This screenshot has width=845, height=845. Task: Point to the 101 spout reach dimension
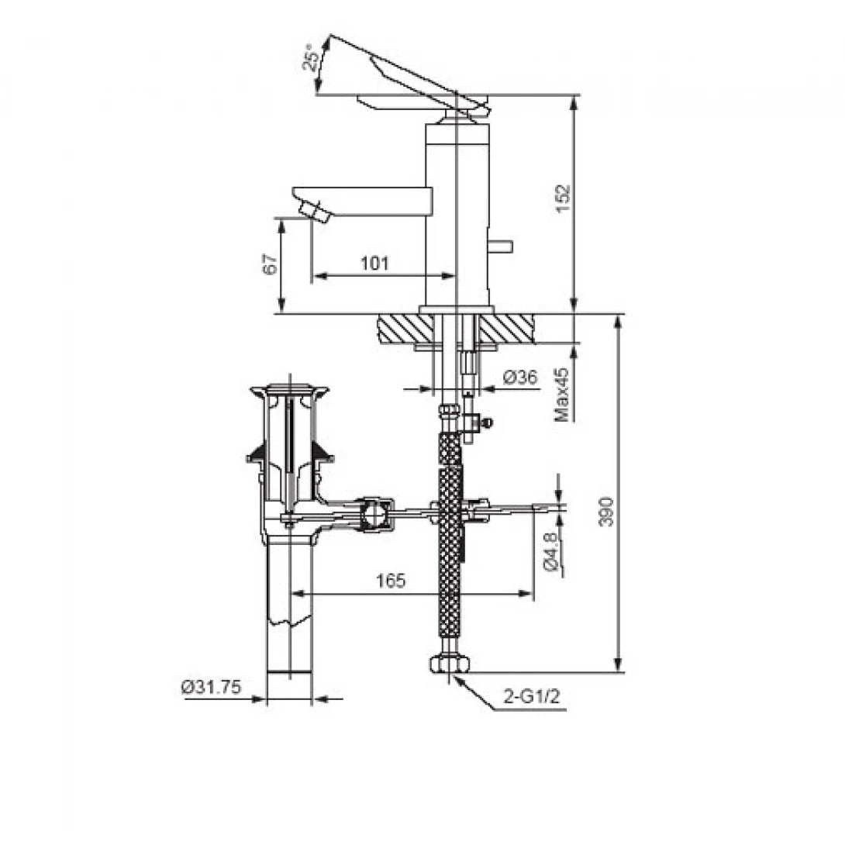point(374,264)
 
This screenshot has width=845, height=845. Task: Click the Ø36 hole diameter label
point(520,378)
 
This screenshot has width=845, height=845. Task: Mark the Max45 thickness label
point(563,395)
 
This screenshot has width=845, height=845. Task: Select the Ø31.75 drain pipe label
point(212,687)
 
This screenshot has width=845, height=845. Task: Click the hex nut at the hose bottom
point(449,664)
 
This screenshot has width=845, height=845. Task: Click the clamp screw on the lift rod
point(486,422)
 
